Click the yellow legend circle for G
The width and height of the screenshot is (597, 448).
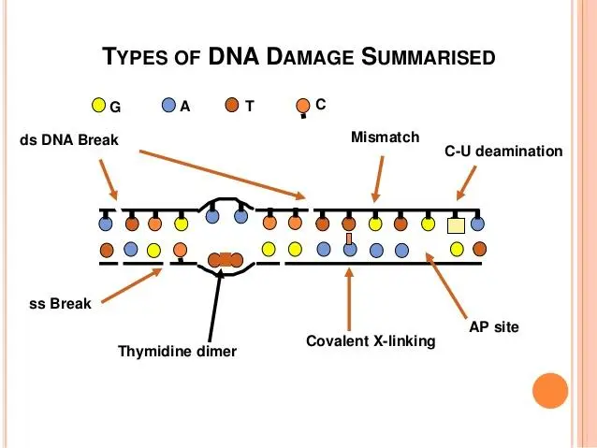pos(99,106)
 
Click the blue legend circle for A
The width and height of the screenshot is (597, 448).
pos(168,106)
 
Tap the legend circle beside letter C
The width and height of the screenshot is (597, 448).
pos(302,106)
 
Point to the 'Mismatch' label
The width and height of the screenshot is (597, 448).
pos(385,138)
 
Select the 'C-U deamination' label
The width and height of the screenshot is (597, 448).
pos(502,151)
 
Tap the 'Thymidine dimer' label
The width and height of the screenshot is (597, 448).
pos(177,352)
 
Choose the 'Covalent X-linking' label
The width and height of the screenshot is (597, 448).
pos(371,341)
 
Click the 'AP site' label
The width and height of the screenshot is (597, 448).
pos(493,327)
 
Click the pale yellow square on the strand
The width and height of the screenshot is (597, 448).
pos(456,225)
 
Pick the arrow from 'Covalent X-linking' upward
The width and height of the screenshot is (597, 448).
pos(349,299)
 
